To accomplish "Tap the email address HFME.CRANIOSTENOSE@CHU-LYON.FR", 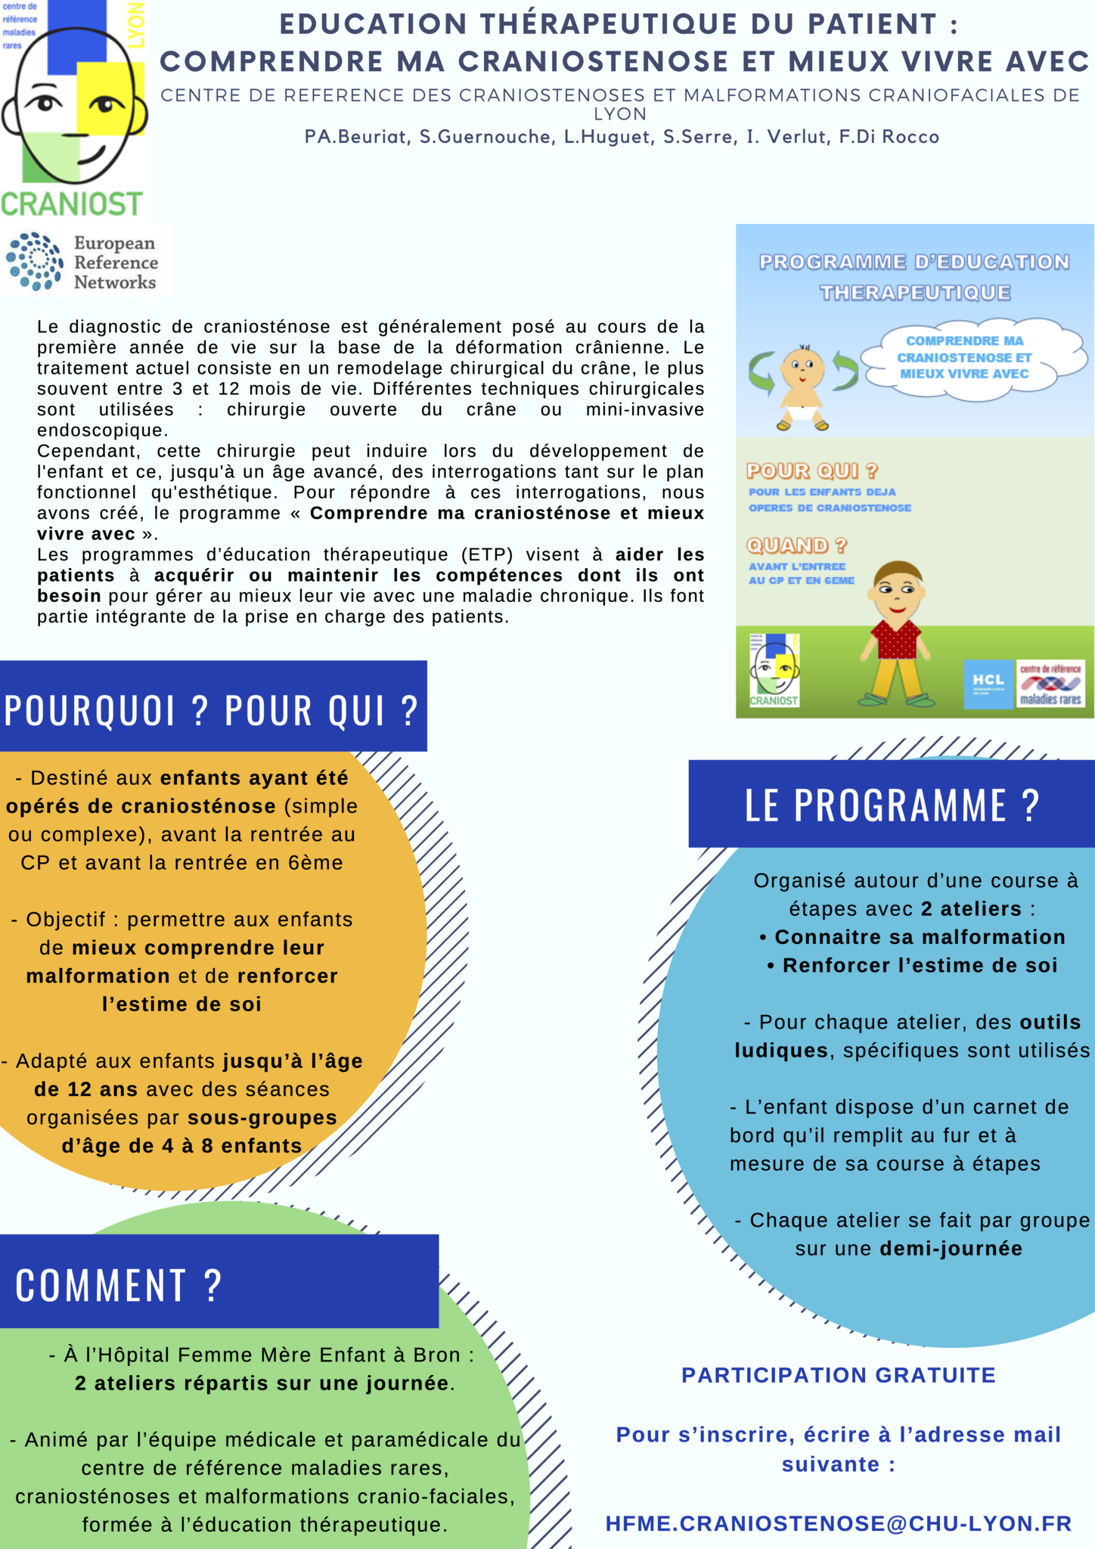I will click(x=839, y=1523).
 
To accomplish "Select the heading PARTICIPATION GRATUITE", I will click(x=838, y=1375).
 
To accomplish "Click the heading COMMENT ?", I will click(x=119, y=1285).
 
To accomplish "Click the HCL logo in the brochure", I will click(x=988, y=684).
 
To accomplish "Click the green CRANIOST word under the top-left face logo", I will click(x=72, y=204).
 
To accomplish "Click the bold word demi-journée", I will click(x=951, y=1249).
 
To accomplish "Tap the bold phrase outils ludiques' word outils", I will click(x=1050, y=1023).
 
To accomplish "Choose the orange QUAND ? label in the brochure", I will click(x=796, y=545).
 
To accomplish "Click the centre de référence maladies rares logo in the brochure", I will click(x=1050, y=684).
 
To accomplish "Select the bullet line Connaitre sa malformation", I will click(x=913, y=937).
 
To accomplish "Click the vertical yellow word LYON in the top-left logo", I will click(x=136, y=25).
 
